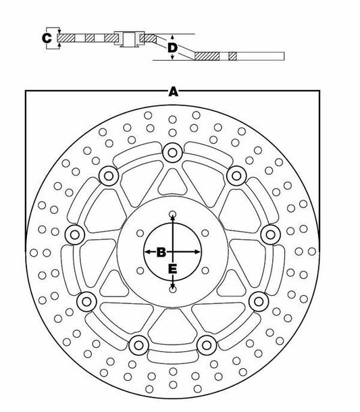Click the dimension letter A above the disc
point(173,93)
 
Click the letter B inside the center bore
point(161,252)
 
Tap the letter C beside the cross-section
point(47,38)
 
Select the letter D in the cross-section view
point(172,48)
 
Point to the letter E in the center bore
point(172,269)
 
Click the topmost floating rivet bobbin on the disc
point(172,153)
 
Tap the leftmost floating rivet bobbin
point(74,234)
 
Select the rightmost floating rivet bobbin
point(271,234)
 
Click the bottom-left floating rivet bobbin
point(139,345)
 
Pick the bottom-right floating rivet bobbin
point(207,345)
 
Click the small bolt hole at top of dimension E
point(172,213)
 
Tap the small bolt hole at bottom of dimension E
point(173,290)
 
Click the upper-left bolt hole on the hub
point(140,233)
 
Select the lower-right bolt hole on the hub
point(205,270)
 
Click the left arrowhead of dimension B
point(147,252)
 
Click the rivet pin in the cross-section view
point(129,39)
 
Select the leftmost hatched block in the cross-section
point(66,38)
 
